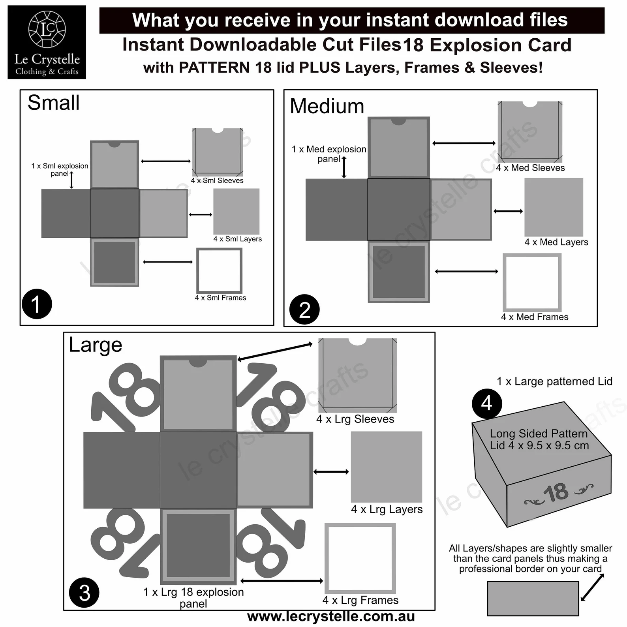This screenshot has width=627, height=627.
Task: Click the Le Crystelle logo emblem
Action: click(47, 29)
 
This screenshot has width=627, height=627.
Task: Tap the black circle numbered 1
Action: click(37, 304)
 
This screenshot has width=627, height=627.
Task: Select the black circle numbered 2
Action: click(304, 309)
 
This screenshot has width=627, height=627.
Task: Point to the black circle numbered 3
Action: click(84, 593)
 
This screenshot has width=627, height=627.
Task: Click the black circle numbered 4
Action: click(486, 403)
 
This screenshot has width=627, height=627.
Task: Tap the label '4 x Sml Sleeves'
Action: click(217, 180)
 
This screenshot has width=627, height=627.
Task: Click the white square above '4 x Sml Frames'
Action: click(219, 270)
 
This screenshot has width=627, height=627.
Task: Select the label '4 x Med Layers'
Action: click(556, 242)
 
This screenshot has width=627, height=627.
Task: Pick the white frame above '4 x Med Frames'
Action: click(532, 282)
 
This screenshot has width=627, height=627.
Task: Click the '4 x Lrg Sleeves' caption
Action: click(355, 419)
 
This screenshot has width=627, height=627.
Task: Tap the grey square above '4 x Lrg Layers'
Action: click(386, 466)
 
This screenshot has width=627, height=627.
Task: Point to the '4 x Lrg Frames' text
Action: click(360, 600)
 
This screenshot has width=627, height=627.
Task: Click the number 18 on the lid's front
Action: click(556, 492)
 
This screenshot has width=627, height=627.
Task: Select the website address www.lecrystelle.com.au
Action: click(330, 616)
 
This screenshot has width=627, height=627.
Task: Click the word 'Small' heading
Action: click(54, 103)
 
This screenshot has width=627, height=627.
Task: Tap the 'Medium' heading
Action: click(327, 106)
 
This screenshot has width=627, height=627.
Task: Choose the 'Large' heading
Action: click(96, 345)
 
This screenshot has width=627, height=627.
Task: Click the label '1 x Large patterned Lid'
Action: click(554, 381)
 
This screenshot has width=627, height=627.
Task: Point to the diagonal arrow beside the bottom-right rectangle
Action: click(592, 587)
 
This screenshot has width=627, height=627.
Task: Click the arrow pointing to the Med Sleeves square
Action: click(464, 143)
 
